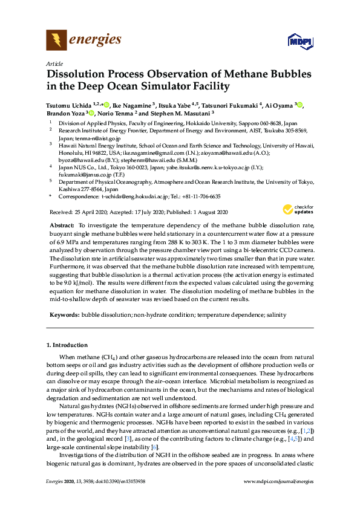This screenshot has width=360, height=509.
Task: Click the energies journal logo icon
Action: [57, 41]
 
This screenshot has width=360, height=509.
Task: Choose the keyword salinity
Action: [274, 316]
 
